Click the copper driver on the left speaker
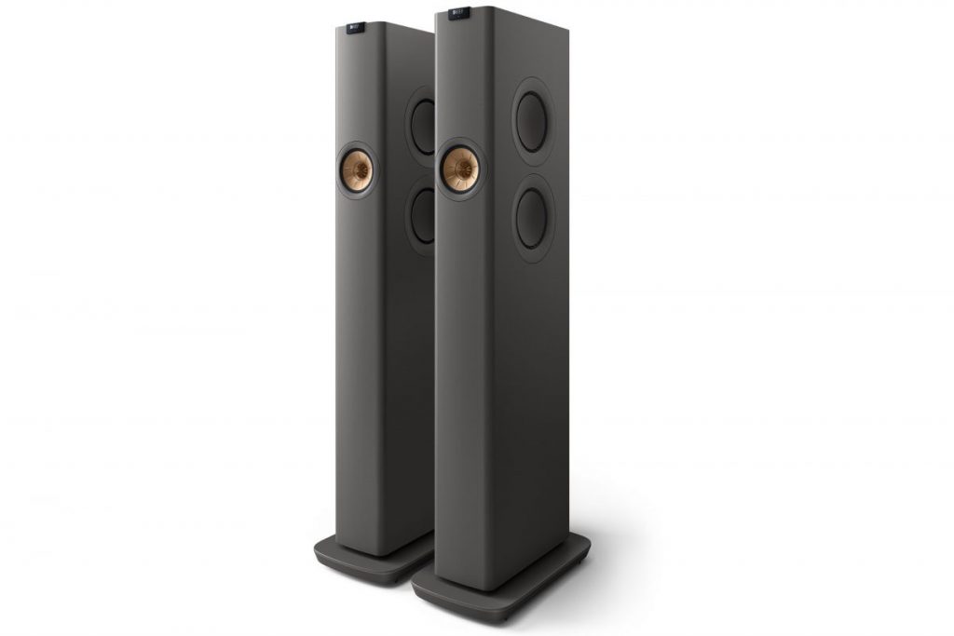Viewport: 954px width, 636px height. tap(357, 169)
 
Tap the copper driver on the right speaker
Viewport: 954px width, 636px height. tap(460, 169)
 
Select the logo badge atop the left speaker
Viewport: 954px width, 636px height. tap(355, 30)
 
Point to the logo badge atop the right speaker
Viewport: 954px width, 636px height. tap(458, 15)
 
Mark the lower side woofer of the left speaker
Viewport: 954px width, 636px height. tap(422, 215)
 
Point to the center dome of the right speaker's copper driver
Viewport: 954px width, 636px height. tap(459, 169)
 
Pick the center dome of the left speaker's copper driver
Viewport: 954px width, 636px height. tap(357, 169)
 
